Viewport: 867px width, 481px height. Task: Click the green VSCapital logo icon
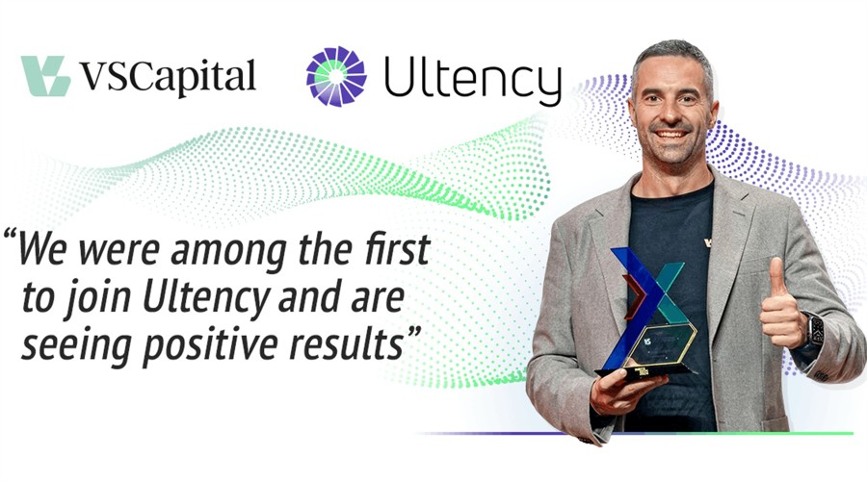[45, 76]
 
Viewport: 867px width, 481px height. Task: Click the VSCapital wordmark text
[168, 78]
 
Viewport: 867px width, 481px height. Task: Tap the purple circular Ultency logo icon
[336, 76]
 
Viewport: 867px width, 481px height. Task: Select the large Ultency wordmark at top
[473, 80]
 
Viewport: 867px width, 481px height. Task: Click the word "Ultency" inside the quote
[206, 299]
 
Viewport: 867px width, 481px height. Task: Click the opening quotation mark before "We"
[10, 237]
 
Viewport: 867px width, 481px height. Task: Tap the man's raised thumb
[777, 280]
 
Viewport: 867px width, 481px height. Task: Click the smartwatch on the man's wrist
[814, 330]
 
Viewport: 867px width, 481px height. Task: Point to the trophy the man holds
[649, 314]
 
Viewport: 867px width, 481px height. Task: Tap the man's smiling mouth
[670, 133]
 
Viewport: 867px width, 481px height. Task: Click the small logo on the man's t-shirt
[708, 242]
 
